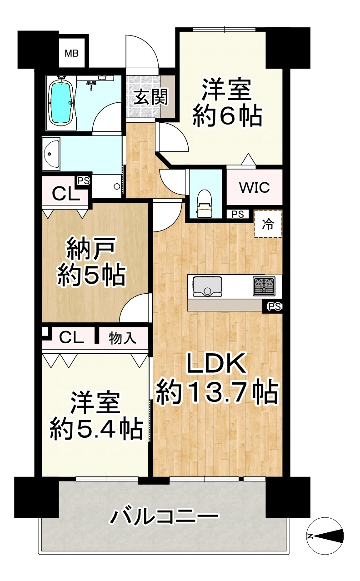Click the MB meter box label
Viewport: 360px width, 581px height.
click(71, 54)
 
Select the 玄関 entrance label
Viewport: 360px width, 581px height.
click(150, 97)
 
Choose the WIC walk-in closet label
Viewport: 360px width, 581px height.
click(255, 187)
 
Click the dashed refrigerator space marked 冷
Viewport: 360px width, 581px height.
click(268, 224)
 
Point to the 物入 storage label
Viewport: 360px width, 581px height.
click(122, 338)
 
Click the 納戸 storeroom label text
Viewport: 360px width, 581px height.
click(91, 249)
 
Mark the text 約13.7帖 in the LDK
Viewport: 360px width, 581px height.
click(217, 392)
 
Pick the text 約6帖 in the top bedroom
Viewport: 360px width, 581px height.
click(227, 117)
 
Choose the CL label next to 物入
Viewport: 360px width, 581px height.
click(71, 337)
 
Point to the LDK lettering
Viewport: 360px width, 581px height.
click(217, 364)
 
